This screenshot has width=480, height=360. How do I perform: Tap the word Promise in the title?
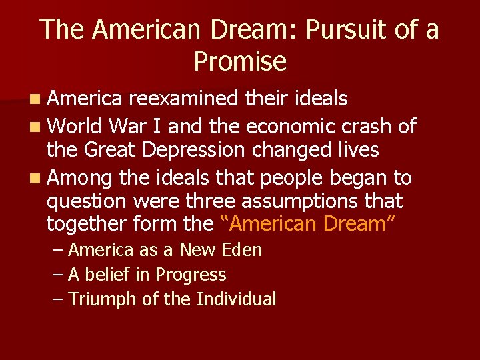point(240,61)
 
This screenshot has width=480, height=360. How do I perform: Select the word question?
point(86,201)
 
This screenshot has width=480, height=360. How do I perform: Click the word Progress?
point(191,275)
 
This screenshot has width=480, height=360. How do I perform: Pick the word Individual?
point(236,299)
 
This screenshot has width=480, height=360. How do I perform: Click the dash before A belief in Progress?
point(58,275)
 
